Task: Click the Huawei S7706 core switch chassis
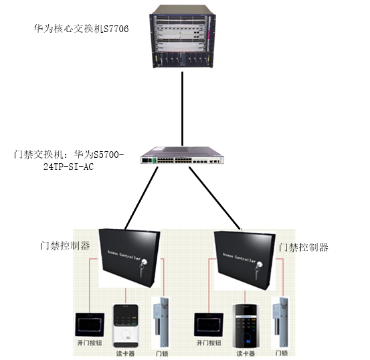coord(183,37)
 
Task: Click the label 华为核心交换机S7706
coord(81,29)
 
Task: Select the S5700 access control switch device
coord(182,155)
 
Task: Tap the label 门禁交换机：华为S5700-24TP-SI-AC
coord(69,161)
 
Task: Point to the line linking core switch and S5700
coord(182,109)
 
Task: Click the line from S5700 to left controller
coord(142,198)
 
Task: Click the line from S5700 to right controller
coord(215,198)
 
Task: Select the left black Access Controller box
coord(129,258)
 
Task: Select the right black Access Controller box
coord(245,260)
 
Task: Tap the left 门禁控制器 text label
coord(65,246)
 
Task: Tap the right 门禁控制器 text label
coord(303,248)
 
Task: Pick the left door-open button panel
coord(90,325)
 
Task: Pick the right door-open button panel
coord(209,325)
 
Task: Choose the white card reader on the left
coord(126,326)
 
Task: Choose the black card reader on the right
coord(246,326)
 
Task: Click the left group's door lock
coord(162,323)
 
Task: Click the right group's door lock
coord(281,323)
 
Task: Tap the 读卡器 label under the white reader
coord(125,353)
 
